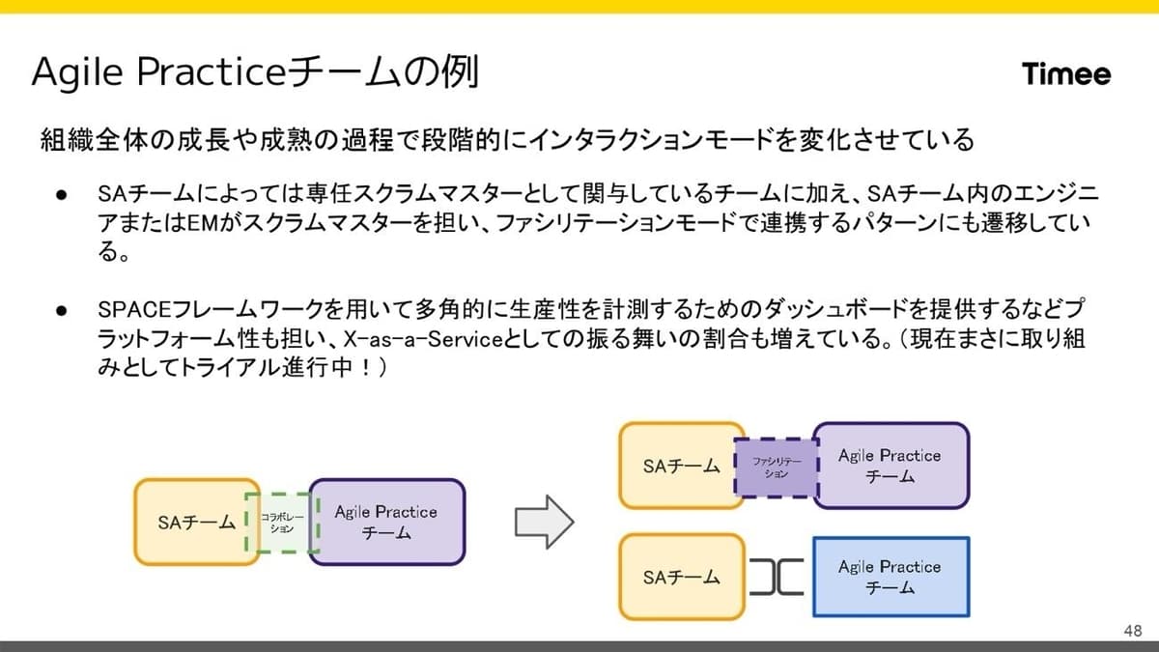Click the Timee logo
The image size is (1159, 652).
point(1066,74)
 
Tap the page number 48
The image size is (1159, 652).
point(1133,630)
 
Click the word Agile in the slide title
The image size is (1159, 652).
point(77,73)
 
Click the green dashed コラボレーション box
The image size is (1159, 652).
point(282,523)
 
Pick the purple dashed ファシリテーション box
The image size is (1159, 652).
point(777,468)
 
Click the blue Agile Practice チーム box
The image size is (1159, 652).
point(890,577)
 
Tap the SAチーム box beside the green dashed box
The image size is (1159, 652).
point(197,523)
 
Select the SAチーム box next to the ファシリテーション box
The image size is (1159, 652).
point(682,466)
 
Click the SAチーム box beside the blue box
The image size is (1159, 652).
point(682,577)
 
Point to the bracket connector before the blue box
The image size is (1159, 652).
point(777,577)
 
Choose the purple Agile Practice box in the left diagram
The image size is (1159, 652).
point(387,523)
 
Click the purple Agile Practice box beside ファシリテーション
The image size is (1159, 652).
point(890,466)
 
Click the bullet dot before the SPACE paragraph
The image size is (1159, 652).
point(62,310)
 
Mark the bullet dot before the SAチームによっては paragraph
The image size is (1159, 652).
point(62,195)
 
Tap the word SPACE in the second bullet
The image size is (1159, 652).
point(134,309)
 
